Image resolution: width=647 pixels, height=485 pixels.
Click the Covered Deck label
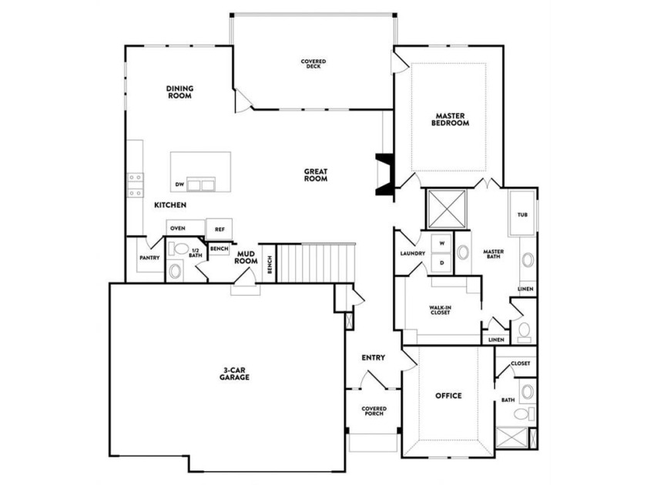(313, 64)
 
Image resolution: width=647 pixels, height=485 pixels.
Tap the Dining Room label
(180, 92)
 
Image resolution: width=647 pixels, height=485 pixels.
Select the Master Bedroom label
(450, 119)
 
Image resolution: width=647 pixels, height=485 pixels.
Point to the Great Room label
(316, 175)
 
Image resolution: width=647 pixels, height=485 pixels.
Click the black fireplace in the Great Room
(384, 174)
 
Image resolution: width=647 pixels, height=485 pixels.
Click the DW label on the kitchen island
(179, 184)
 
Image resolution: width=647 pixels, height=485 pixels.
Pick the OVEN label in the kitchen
(178, 228)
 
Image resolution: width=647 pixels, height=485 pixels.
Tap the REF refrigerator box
(219, 229)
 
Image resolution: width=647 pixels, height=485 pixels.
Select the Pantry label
(149, 258)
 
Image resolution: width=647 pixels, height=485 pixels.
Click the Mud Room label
(246, 258)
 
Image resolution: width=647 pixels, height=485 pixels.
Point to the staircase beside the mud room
(316, 263)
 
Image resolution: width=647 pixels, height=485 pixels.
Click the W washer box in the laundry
(442, 244)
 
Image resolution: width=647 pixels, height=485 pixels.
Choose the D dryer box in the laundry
(442, 263)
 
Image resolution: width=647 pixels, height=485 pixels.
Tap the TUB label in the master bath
(522, 215)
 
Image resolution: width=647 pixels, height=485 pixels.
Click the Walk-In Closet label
(441, 310)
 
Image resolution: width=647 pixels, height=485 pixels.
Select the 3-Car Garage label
(234, 373)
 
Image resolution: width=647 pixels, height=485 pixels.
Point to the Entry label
(374, 357)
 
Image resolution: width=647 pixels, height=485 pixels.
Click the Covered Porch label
(374, 411)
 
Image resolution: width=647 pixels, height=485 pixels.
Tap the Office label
(449, 396)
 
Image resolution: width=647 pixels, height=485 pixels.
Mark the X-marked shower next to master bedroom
(447, 209)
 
